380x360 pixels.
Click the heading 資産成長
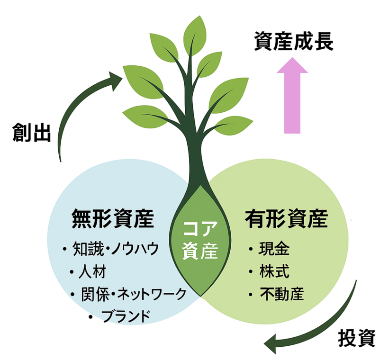click(x=294, y=42)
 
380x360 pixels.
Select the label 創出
click(x=31, y=134)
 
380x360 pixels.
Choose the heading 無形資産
click(x=112, y=219)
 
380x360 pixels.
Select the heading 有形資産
click(x=287, y=219)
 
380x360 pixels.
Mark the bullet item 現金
click(x=274, y=249)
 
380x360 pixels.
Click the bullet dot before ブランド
click(x=90, y=315)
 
